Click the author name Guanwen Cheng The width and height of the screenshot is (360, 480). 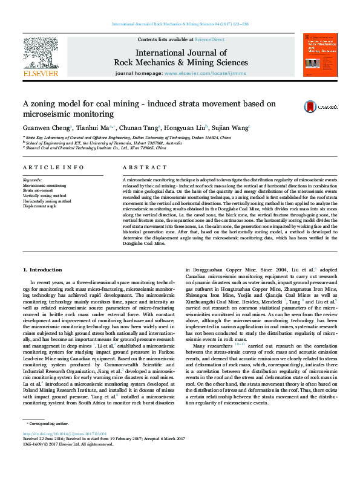pos(47,128)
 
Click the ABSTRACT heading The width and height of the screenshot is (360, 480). pos(140,167)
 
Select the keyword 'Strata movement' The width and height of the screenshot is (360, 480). pos(38,190)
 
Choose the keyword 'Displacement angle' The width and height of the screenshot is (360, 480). pos(40,206)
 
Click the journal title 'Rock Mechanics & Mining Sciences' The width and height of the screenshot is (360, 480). pos(181,62)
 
